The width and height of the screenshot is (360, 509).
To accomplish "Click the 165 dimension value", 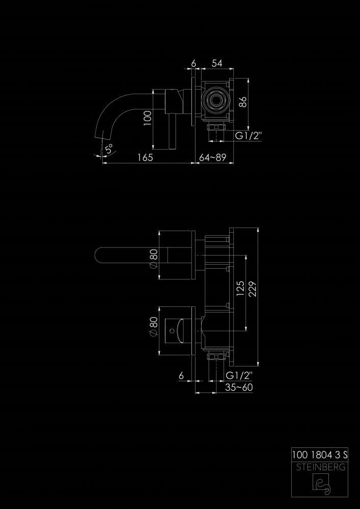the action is tap(145, 157).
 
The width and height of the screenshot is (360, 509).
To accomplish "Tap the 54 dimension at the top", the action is tap(217, 64).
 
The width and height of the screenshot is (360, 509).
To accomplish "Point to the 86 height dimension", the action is tap(244, 102).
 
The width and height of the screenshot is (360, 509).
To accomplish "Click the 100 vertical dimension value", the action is tap(147, 118).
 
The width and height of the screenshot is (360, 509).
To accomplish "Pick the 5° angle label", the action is tap(109, 149).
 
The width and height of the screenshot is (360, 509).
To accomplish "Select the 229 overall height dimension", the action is tap(253, 289).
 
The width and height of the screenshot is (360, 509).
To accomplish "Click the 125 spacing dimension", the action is tap(240, 289).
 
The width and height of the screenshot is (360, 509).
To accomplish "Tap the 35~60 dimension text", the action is tap(239, 387).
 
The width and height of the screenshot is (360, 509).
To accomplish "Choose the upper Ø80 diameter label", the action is tap(154, 259).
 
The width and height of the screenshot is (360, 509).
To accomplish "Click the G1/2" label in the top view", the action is tap(248, 136).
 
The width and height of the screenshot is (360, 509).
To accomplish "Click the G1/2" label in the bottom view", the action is tap(239, 376).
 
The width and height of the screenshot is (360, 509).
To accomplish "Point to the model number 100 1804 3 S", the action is tap(320, 455).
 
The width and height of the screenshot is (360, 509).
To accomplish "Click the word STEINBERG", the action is tap(320, 467).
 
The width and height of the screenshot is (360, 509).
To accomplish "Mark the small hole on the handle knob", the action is tap(172, 331).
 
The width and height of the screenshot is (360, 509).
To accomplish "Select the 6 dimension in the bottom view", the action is tap(181, 376).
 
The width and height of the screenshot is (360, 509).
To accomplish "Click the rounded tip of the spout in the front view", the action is tap(97, 255).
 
